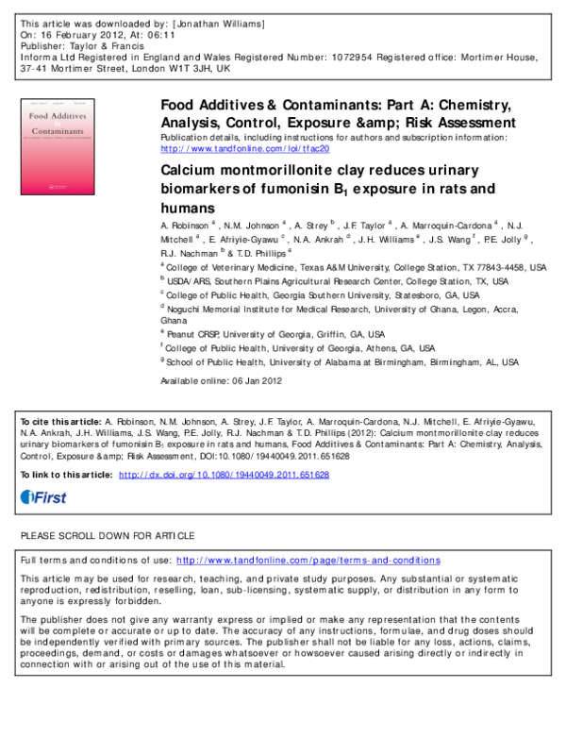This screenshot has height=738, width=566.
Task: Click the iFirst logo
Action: pos(43,497)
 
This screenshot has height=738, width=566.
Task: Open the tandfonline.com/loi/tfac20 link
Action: pos(245,149)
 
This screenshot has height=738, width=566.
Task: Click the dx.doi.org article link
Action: pos(224,475)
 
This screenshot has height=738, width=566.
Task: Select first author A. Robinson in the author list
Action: pos(186,227)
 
